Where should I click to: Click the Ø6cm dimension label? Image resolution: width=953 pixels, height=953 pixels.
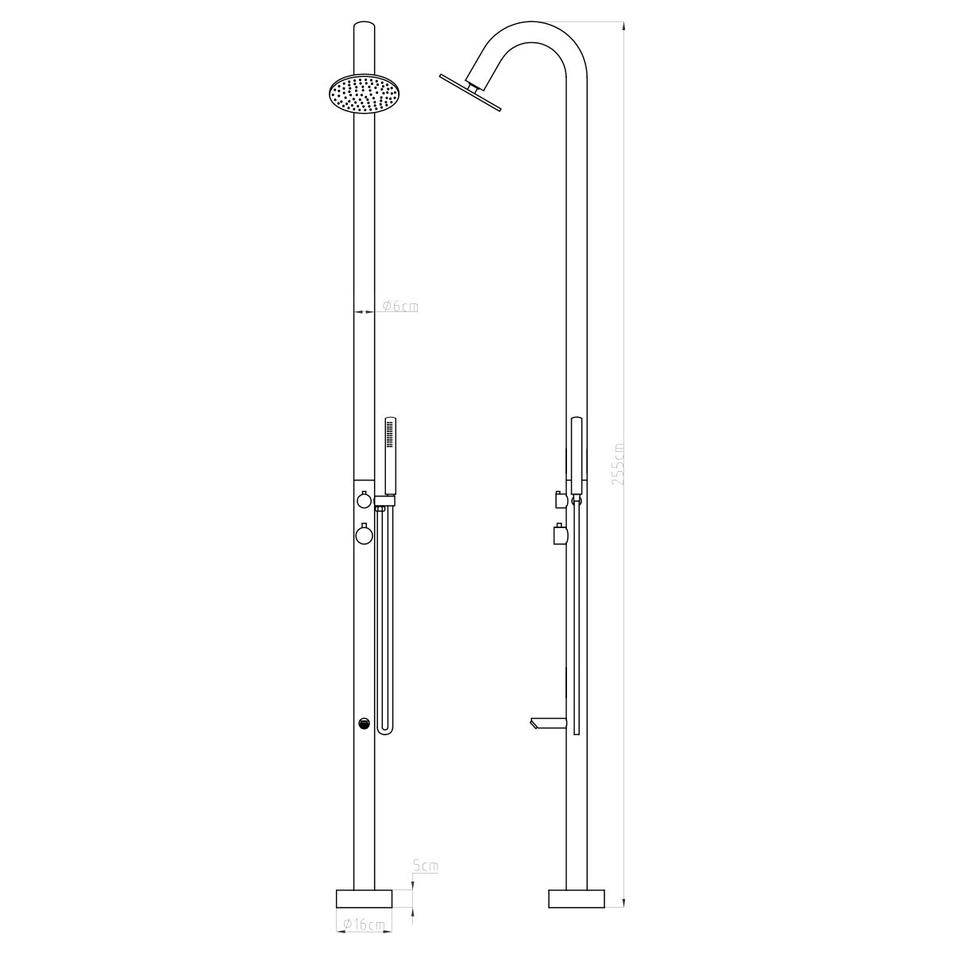click(400, 307)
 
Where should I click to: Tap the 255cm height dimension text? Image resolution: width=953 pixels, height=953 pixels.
click(619, 463)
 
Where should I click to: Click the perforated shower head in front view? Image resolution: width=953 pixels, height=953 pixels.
click(365, 95)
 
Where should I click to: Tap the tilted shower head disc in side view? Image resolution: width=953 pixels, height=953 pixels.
click(470, 92)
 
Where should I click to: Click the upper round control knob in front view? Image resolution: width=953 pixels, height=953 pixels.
click(364, 500)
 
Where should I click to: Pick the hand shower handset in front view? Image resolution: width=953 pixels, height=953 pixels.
click(391, 456)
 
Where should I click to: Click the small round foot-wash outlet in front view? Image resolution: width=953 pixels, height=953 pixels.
click(364, 723)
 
